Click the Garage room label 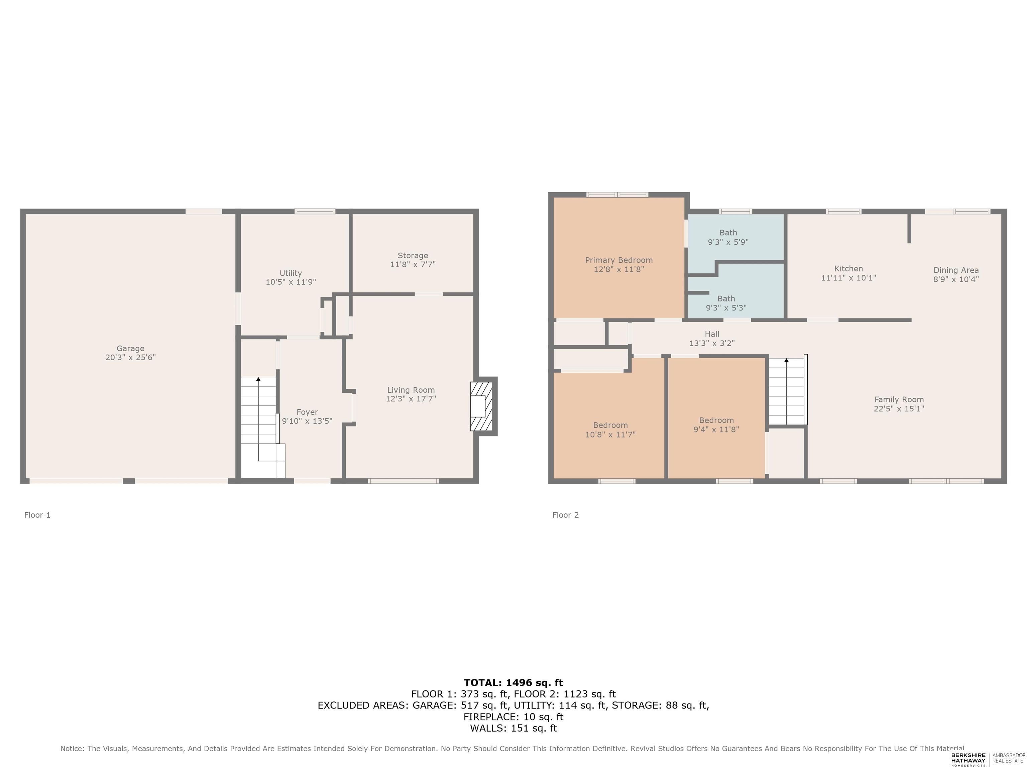point(130,348)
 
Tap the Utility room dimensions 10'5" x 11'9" point(291,282)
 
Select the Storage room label point(413,255)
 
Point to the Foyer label point(307,412)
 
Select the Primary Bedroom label point(619,260)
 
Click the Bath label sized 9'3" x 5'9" point(728,233)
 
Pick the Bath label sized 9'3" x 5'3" point(726,298)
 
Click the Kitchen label point(848,268)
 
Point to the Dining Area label point(956,270)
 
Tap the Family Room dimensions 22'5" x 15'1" point(899,408)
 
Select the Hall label point(712,334)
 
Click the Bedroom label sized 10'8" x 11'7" point(610,425)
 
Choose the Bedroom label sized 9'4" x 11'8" point(716,420)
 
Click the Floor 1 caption point(37,515)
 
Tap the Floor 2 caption point(566,515)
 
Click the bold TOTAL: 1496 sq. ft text point(513,682)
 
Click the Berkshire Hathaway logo point(968,759)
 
